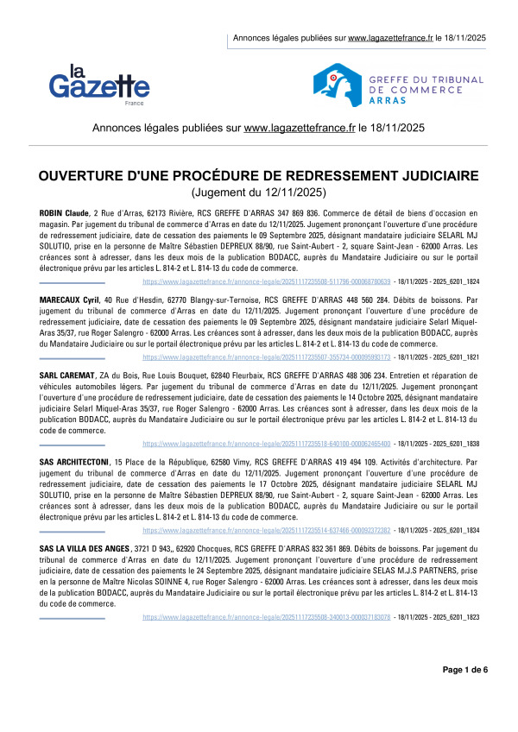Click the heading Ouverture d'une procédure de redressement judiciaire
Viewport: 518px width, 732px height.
(x=258, y=176)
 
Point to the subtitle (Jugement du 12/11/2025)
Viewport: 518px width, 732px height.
(x=258, y=192)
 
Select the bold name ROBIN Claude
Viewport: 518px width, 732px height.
(x=65, y=212)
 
